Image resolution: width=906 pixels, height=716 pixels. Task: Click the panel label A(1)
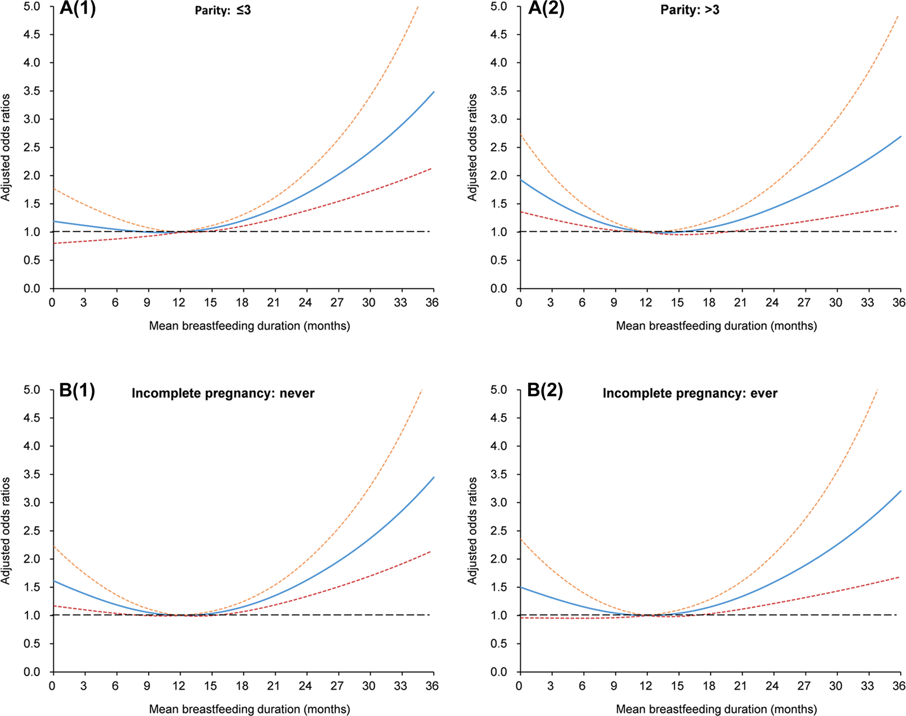[x=77, y=9]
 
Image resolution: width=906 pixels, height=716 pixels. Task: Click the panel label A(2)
[x=545, y=9]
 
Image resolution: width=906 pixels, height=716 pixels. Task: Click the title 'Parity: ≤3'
[x=222, y=10]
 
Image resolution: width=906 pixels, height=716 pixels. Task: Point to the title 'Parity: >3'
[x=689, y=10]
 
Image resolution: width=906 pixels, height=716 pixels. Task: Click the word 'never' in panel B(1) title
[x=297, y=393]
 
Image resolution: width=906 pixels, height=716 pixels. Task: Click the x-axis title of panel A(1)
[x=249, y=326]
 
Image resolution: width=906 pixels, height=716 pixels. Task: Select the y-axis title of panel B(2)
[x=472, y=530]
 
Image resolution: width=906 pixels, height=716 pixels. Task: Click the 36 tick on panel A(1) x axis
[x=432, y=303]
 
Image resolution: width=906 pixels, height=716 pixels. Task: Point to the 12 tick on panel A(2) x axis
[x=646, y=303]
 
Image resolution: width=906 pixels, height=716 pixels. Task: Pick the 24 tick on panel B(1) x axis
[x=305, y=686]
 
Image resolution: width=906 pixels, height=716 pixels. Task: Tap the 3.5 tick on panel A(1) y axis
[x=32, y=91]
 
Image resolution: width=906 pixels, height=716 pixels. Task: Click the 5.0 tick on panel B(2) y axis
[x=499, y=390]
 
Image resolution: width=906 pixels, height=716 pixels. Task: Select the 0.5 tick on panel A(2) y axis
[x=499, y=260]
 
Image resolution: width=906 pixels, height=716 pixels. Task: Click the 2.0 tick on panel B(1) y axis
[x=32, y=559]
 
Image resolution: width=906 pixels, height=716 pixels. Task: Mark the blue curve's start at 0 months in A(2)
[x=521, y=180]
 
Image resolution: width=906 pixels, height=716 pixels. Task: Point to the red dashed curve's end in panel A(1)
[x=431, y=169]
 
